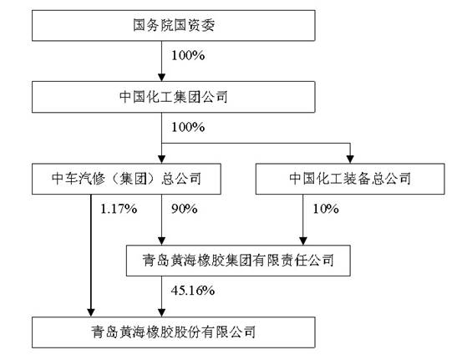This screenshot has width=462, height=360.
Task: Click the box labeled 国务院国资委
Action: (174, 25)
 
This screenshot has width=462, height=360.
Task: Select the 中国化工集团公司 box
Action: (174, 97)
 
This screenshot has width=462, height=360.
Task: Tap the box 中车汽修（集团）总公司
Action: (126, 179)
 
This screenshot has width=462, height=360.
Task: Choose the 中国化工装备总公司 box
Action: (350, 179)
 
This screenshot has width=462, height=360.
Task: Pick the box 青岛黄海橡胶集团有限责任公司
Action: (238, 261)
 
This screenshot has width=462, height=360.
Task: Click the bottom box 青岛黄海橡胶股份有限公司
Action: (174, 332)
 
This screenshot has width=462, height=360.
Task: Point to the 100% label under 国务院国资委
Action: (188, 55)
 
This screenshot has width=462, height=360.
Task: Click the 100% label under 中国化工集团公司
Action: (188, 127)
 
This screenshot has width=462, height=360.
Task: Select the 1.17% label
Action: (119, 209)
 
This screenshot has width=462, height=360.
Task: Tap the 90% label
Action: (185, 209)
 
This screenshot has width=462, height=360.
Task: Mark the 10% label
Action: (326, 209)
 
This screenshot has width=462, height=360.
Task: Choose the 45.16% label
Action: (193, 291)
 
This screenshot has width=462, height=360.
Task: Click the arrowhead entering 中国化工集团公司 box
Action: (161, 78)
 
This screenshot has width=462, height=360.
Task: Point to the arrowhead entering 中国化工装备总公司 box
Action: (350, 160)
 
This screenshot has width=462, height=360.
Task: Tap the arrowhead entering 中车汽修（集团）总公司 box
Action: (161, 160)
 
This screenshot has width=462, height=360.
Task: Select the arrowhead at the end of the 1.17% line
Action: (91, 313)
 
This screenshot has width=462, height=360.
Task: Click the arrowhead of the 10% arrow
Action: (303, 241)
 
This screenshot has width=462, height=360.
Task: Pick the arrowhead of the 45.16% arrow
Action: (161, 313)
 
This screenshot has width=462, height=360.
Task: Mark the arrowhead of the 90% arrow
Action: (161, 241)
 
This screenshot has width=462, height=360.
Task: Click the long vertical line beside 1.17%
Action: (91, 252)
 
